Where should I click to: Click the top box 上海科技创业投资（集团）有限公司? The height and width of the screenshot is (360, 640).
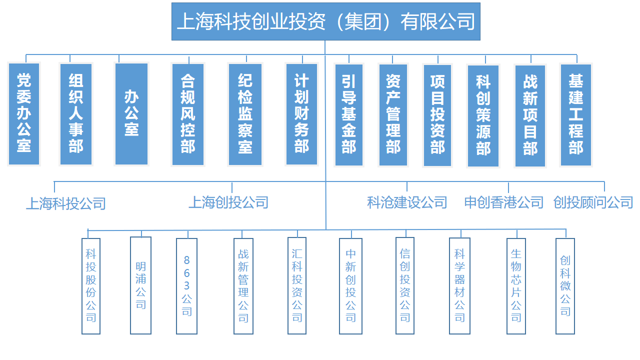pyautogui.click(x=325, y=21)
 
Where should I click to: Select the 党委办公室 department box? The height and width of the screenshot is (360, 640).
pyautogui.click(x=24, y=113)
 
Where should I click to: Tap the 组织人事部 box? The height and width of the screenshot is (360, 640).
pyautogui.click(x=76, y=114)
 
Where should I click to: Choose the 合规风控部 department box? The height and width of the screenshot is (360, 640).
pyautogui.click(x=188, y=114)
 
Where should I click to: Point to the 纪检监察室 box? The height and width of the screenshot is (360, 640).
pyautogui.click(x=245, y=114)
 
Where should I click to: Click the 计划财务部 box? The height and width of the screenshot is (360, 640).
pyautogui.click(x=301, y=114)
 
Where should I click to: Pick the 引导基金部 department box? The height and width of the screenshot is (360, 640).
pyautogui.click(x=349, y=115)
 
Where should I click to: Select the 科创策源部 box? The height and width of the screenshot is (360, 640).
pyautogui.click(x=483, y=115)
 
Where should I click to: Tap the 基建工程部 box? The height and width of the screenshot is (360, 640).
pyautogui.click(x=575, y=115)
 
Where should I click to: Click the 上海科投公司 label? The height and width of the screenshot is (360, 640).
pyautogui.click(x=66, y=203)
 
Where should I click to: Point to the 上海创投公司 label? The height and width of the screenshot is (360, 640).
pyautogui.click(x=228, y=202)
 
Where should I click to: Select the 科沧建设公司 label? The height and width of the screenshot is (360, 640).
pyautogui.click(x=407, y=202)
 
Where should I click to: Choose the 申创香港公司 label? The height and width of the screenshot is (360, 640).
pyautogui.click(x=503, y=202)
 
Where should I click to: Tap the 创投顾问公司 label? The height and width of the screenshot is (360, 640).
pyautogui.click(x=593, y=202)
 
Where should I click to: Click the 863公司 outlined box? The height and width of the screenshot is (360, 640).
pyautogui.click(x=186, y=286)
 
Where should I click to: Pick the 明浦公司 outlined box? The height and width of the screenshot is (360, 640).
pyautogui.click(x=140, y=285)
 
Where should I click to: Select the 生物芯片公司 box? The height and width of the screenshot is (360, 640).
pyautogui.click(x=516, y=286)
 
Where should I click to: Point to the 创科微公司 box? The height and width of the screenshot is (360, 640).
pyautogui.click(x=565, y=286)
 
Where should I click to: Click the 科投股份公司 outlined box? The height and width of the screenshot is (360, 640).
pyautogui.click(x=91, y=286)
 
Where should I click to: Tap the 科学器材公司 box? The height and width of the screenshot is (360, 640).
pyautogui.click(x=459, y=285)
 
